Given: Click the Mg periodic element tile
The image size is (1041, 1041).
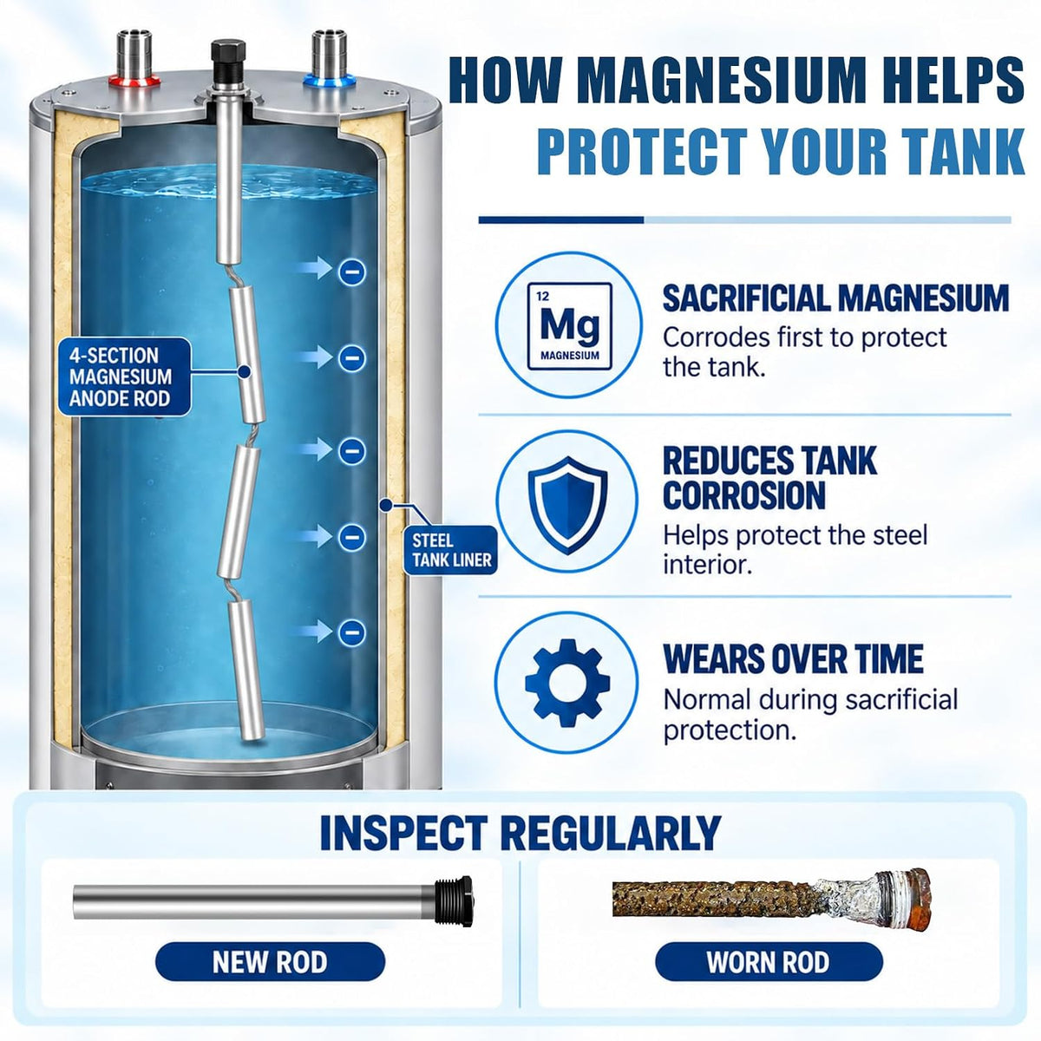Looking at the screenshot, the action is pyautogui.click(x=569, y=326).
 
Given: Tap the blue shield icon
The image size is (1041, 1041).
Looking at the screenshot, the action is pyautogui.click(x=567, y=505).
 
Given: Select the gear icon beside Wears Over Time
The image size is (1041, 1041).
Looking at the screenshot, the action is pyautogui.click(x=567, y=683).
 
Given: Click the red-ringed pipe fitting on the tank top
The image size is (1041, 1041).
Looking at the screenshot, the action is pyautogui.click(x=134, y=60).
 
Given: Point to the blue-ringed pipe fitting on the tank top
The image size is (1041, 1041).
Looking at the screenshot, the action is pyautogui.click(x=329, y=60).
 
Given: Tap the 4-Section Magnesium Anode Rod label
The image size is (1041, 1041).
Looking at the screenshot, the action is pyautogui.click(x=124, y=376).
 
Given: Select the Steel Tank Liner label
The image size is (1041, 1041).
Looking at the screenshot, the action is pyautogui.click(x=451, y=550).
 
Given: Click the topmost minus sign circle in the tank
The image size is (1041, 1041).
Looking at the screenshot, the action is pyautogui.click(x=351, y=272).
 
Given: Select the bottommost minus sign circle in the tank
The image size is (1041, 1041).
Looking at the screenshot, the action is pyautogui.click(x=351, y=632).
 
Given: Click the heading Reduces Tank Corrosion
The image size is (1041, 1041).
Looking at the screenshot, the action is pyautogui.click(x=769, y=477).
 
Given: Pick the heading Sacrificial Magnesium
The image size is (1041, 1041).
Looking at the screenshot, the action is pyautogui.click(x=835, y=298).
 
